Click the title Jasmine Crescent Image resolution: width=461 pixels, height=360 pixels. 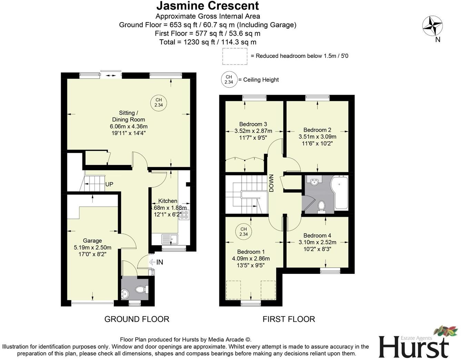207,6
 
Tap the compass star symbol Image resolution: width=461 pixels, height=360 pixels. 432,26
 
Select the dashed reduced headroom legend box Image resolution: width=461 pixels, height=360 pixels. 234,56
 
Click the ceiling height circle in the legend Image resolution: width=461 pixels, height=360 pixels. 229,80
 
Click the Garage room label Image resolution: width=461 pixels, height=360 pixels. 92,241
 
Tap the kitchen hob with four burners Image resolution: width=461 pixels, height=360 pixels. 184,215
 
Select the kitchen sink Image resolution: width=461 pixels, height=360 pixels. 169,238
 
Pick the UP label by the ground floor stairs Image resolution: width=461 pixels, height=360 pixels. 109,184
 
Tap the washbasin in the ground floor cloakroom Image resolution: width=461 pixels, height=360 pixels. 125,294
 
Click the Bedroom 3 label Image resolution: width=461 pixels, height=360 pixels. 253,124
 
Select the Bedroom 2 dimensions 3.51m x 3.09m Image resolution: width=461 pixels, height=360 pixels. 317,136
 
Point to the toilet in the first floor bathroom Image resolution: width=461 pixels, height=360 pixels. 321,206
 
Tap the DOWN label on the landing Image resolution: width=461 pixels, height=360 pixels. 271,183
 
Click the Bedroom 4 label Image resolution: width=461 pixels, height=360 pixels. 317,235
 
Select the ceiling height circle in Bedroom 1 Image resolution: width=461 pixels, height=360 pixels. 243,232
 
